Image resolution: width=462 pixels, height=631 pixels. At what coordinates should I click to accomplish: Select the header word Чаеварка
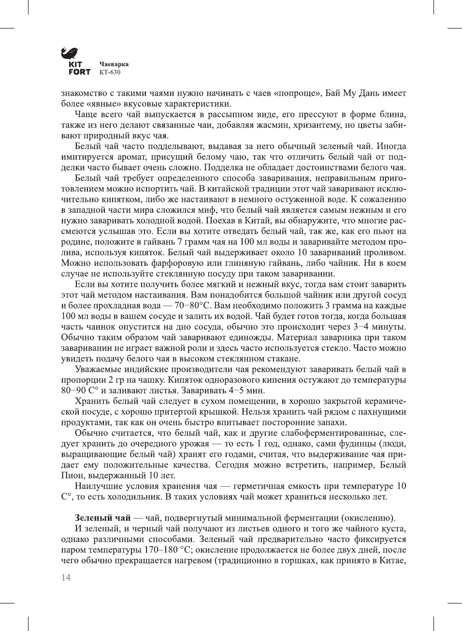coord(114,64)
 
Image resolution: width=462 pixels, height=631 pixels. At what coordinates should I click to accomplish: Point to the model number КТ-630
coord(110,72)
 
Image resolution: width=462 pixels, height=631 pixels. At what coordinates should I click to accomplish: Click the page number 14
coord(66,577)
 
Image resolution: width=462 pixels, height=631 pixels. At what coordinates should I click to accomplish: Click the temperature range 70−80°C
coord(192,306)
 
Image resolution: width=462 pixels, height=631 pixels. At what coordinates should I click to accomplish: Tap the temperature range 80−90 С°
coord(80,391)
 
